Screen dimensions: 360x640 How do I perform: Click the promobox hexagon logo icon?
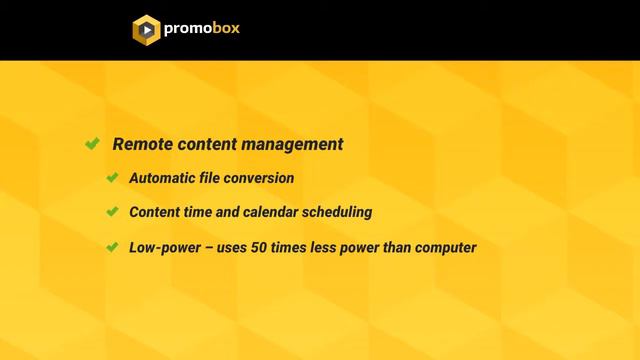tap(146, 29)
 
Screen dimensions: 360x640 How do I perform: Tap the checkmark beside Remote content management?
tap(92, 144)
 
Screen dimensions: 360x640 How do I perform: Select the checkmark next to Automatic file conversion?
tap(113, 178)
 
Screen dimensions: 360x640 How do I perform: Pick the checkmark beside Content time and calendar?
tap(113, 212)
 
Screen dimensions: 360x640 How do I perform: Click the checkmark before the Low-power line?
tap(113, 246)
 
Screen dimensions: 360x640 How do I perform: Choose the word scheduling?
tap(340, 212)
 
